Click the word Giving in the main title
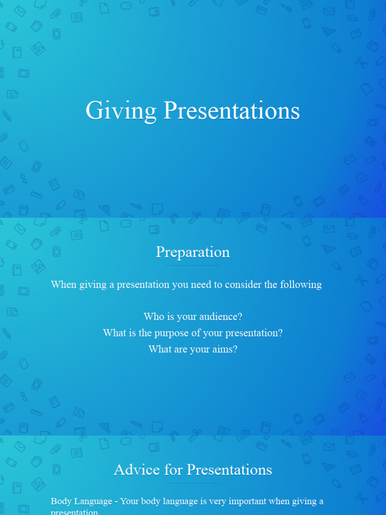click(x=121, y=111)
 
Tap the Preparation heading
click(x=192, y=252)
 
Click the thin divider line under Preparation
click(x=192, y=265)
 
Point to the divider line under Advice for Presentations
click(x=192, y=483)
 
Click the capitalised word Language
click(x=93, y=501)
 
